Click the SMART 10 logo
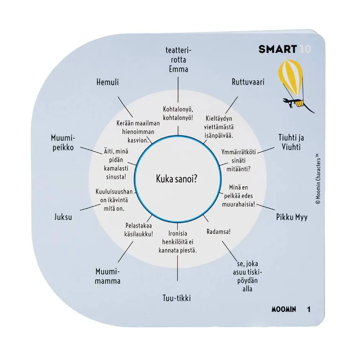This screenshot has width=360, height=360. click(x=285, y=49)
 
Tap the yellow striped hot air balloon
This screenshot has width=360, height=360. click(x=290, y=78)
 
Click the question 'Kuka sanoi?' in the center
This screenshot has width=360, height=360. click(x=176, y=179)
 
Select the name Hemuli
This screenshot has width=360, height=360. click(x=107, y=82)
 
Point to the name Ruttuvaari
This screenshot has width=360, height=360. click(x=248, y=82)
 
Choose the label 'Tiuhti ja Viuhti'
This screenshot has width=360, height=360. click(x=291, y=142)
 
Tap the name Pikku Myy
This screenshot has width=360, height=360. click(x=292, y=217)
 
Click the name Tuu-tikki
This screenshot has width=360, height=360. click(x=176, y=298)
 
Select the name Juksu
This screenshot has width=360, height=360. click(x=63, y=217)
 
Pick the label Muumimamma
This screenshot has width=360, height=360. click(x=107, y=276)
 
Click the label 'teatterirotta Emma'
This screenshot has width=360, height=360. click(x=179, y=60)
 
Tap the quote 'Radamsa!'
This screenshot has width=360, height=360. click(x=219, y=231)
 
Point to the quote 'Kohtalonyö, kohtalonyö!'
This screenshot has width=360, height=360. click(x=178, y=113)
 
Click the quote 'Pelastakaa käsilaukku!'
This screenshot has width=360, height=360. click(x=139, y=230)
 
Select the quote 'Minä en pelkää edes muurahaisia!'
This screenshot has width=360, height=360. click(x=238, y=196)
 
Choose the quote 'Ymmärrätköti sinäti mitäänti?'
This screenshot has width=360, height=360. click(x=238, y=161)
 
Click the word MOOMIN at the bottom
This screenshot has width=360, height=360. click(x=284, y=309)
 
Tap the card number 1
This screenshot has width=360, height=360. click(x=309, y=309)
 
